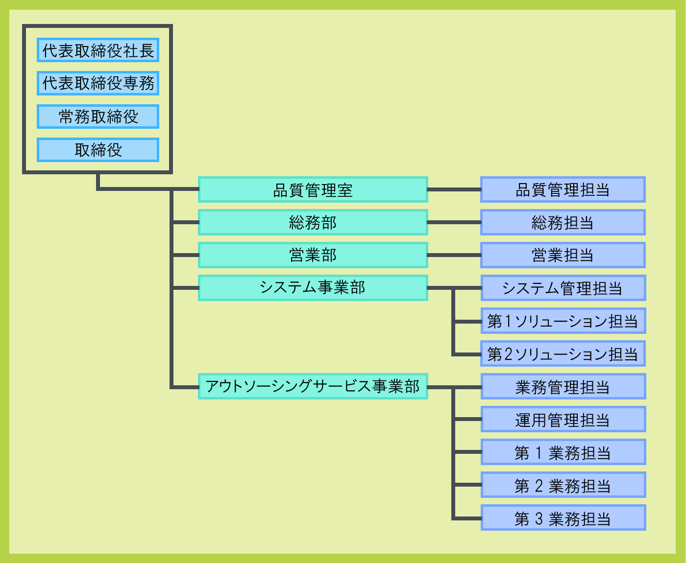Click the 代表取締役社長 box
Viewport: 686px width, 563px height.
coord(98,50)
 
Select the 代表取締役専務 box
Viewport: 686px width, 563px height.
coord(98,83)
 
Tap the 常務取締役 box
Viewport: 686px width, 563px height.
coord(98,117)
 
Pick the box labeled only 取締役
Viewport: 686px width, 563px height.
coord(98,150)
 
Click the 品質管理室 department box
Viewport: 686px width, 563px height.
coord(313,189)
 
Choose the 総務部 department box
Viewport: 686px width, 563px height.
coord(313,222)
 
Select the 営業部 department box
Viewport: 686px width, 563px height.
coord(313,255)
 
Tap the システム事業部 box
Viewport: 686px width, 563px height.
coord(313,288)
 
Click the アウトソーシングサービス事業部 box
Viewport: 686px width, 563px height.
coord(313,386)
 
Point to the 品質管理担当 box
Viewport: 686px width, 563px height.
coord(563,189)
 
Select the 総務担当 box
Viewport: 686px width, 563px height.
coord(563,222)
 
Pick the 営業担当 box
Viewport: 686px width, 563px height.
coord(563,255)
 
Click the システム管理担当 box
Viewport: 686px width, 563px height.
coord(563,288)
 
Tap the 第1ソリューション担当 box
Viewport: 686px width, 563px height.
coord(563,321)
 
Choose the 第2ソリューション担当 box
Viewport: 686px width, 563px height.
coord(563,353)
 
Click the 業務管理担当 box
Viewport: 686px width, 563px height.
coord(563,386)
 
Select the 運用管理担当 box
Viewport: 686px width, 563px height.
coord(563,420)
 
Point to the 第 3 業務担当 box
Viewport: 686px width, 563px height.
coord(563,518)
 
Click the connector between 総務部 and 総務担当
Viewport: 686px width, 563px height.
coord(454,222)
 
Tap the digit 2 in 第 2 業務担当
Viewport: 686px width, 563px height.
coord(539,486)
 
